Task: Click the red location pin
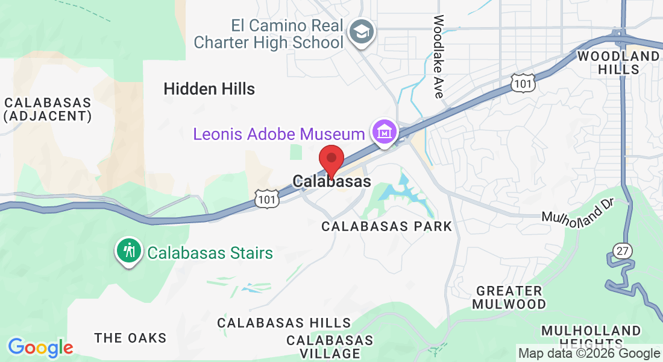click(x=331, y=160)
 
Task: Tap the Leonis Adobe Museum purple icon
click(x=384, y=131)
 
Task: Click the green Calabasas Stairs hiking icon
click(x=128, y=251)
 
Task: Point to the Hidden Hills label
click(x=209, y=89)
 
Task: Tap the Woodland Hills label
click(x=618, y=63)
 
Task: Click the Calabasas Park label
click(x=386, y=226)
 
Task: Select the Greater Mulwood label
click(x=509, y=297)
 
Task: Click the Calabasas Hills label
click(x=284, y=323)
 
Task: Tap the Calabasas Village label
click(x=330, y=346)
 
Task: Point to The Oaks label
click(x=130, y=338)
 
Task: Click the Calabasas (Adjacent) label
click(x=48, y=109)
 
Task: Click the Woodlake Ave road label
click(x=438, y=57)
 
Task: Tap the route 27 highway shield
click(x=621, y=250)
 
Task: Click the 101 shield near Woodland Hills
click(x=523, y=83)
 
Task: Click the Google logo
click(x=40, y=348)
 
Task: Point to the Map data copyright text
click(x=589, y=354)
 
